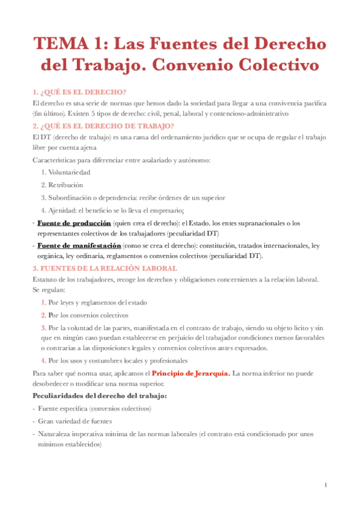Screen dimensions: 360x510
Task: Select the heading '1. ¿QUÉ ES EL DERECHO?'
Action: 79,91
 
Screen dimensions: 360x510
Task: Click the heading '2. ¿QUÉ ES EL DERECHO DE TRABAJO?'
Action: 103,126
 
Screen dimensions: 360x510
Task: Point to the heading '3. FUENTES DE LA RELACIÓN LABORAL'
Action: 105,268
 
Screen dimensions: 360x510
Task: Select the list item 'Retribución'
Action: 66,185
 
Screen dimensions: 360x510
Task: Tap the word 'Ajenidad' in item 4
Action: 64,210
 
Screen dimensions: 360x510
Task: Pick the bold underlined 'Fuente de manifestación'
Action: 79,246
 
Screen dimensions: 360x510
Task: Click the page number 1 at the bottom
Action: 325,485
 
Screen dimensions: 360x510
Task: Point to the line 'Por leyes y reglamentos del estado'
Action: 98,303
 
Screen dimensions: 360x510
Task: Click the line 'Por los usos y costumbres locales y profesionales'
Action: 118,360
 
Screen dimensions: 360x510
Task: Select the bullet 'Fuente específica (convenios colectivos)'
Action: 94,408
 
